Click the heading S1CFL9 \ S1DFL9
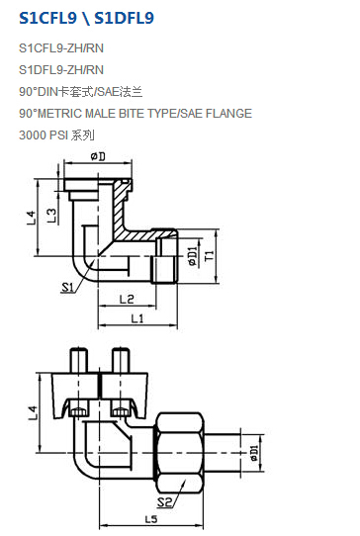(86, 18)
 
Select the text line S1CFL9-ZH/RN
(61, 48)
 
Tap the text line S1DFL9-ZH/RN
(61, 70)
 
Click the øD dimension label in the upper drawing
(98, 156)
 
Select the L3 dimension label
(51, 216)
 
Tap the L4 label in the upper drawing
(31, 218)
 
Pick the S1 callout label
(67, 287)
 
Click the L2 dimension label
(127, 300)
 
